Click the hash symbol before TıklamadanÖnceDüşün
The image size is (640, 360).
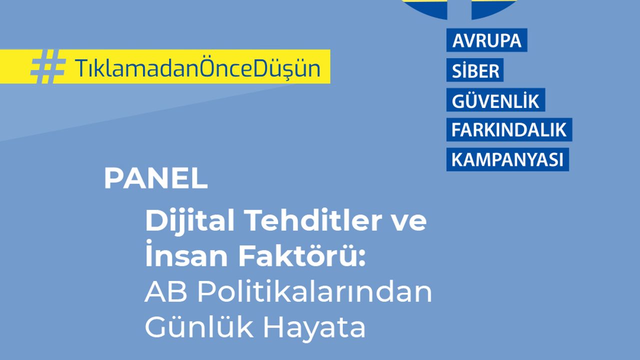[x=48, y=66]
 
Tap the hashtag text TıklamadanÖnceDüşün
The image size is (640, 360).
[x=197, y=67]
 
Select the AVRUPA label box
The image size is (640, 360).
[x=487, y=40]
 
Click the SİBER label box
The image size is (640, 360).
[x=475, y=70]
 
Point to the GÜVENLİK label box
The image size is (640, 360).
[x=495, y=99]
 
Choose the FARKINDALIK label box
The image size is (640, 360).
[x=509, y=129]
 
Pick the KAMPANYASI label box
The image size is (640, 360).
[x=507, y=159]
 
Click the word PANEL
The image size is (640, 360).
[x=155, y=178]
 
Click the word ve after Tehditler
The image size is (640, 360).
[x=409, y=223]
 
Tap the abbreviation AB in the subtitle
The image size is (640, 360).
[x=166, y=291]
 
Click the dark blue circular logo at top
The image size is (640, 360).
[x=459, y=8]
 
